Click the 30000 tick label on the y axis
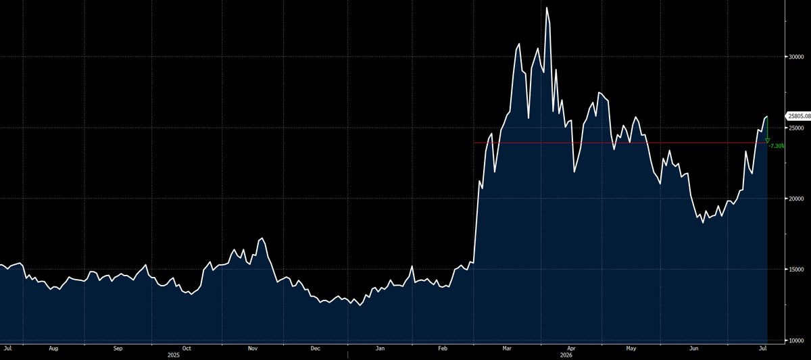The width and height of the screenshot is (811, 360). [796, 57]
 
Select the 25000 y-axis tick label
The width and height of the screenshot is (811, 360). [796, 128]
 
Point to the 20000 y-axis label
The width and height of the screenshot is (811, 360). [796, 199]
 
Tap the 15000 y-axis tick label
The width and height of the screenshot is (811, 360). [796, 269]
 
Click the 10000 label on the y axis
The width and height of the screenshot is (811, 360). [796, 340]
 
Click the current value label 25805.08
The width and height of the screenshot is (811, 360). [800, 116]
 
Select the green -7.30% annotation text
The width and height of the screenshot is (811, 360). [777, 146]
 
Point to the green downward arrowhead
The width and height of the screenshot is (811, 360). [767, 140]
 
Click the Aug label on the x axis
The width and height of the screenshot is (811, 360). [53, 349]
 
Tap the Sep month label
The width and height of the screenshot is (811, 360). [118, 349]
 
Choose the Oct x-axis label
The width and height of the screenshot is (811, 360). [187, 349]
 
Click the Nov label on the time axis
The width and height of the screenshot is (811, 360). [253, 349]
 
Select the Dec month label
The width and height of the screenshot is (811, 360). [316, 349]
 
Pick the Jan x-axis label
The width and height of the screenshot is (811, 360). [380, 349]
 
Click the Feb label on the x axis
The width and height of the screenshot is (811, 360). [443, 349]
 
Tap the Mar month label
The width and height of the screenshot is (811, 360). [507, 349]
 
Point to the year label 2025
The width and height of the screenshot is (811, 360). [174, 355]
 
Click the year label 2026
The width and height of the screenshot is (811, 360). [566, 355]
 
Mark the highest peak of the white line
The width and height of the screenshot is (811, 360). [547, 7]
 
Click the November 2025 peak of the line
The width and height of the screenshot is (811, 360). [262, 238]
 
